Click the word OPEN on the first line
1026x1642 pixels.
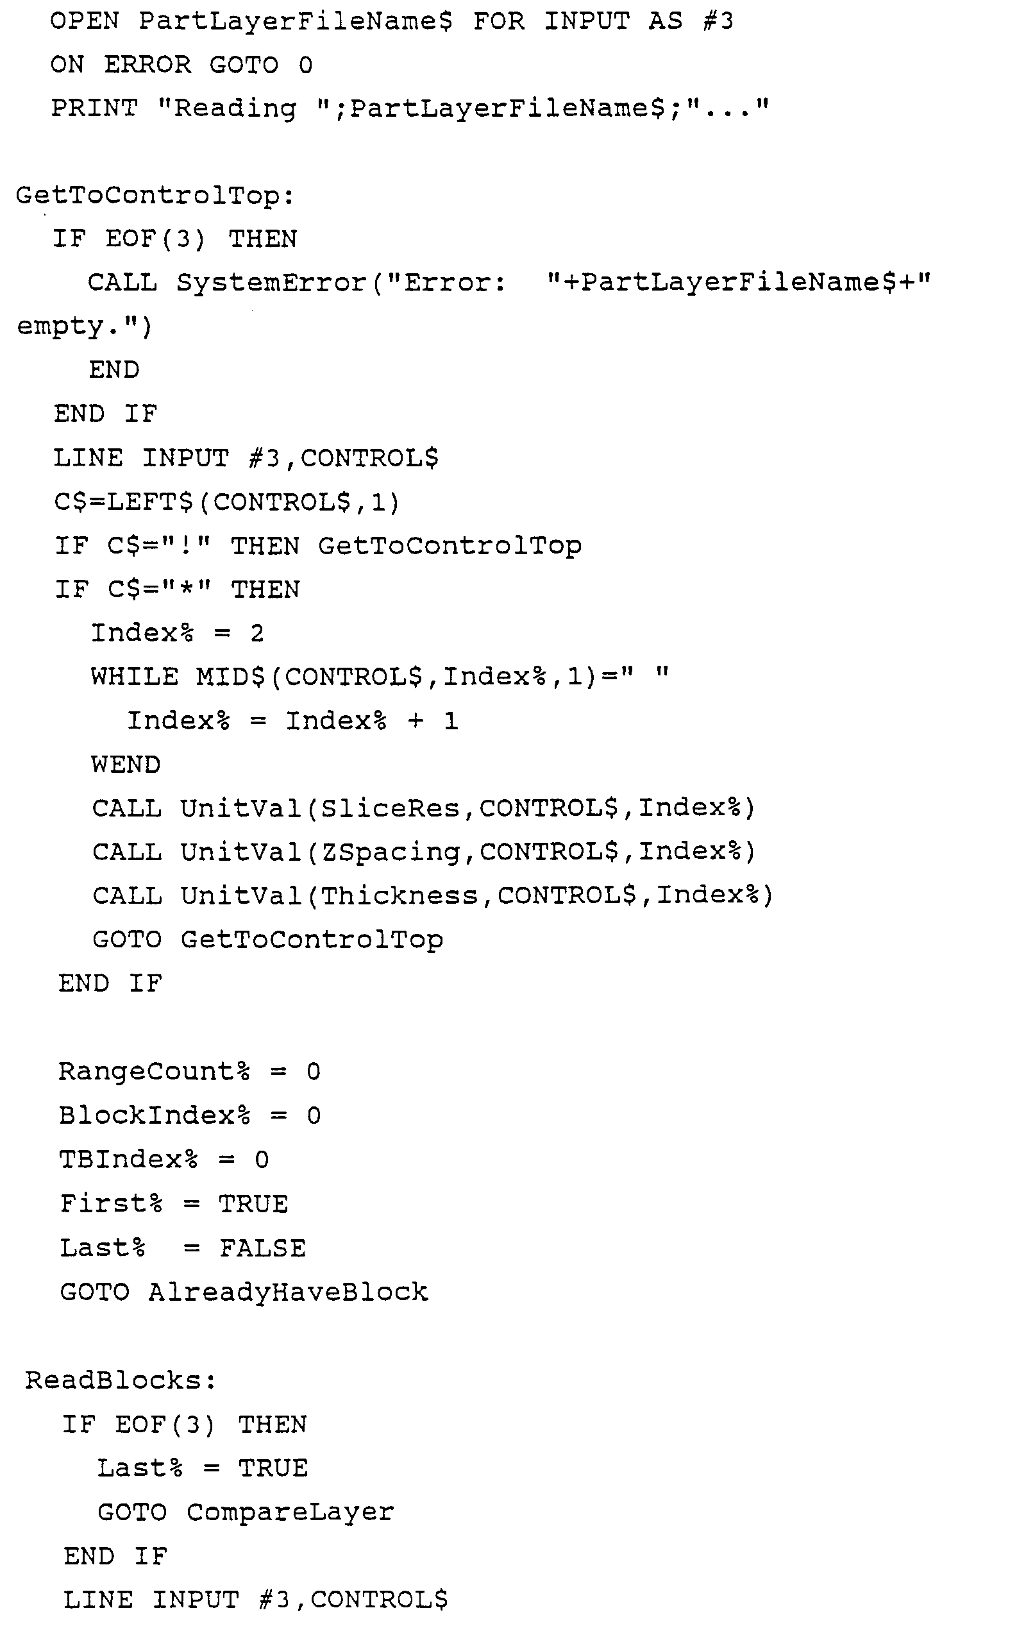[84, 21]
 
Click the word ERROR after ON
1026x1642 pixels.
[147, 65]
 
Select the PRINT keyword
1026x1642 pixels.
[94, 108]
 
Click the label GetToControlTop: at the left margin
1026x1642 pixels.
[155, 196]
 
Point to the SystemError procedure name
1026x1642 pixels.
[271, 283]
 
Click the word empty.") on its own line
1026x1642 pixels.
[84, 327]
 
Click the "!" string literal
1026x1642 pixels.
[185, 546]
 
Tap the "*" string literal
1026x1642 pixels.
[185, 589]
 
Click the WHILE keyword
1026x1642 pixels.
[135, 677]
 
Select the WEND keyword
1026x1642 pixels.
[126, 765]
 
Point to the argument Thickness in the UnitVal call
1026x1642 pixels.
[399, 895]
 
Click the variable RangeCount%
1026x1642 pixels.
[154, 1072]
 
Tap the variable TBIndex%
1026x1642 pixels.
[128, 1160]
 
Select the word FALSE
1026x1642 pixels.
[262, 1248]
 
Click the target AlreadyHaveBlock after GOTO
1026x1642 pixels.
[289, 1292]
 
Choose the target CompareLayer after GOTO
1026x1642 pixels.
[290, 1512]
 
